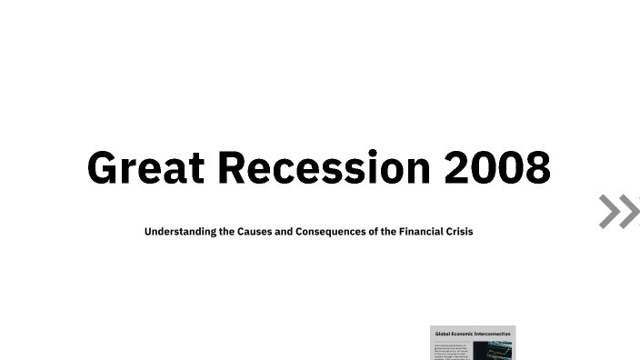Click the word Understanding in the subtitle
[181, 232]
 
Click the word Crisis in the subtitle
[456, 232]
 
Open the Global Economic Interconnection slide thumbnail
[473, 343]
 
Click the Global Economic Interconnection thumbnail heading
[473, 334]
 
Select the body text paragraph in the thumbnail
[452, 352]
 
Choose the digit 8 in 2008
[536, 168]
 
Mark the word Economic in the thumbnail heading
[463, 334]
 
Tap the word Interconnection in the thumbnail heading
[494, 334]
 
